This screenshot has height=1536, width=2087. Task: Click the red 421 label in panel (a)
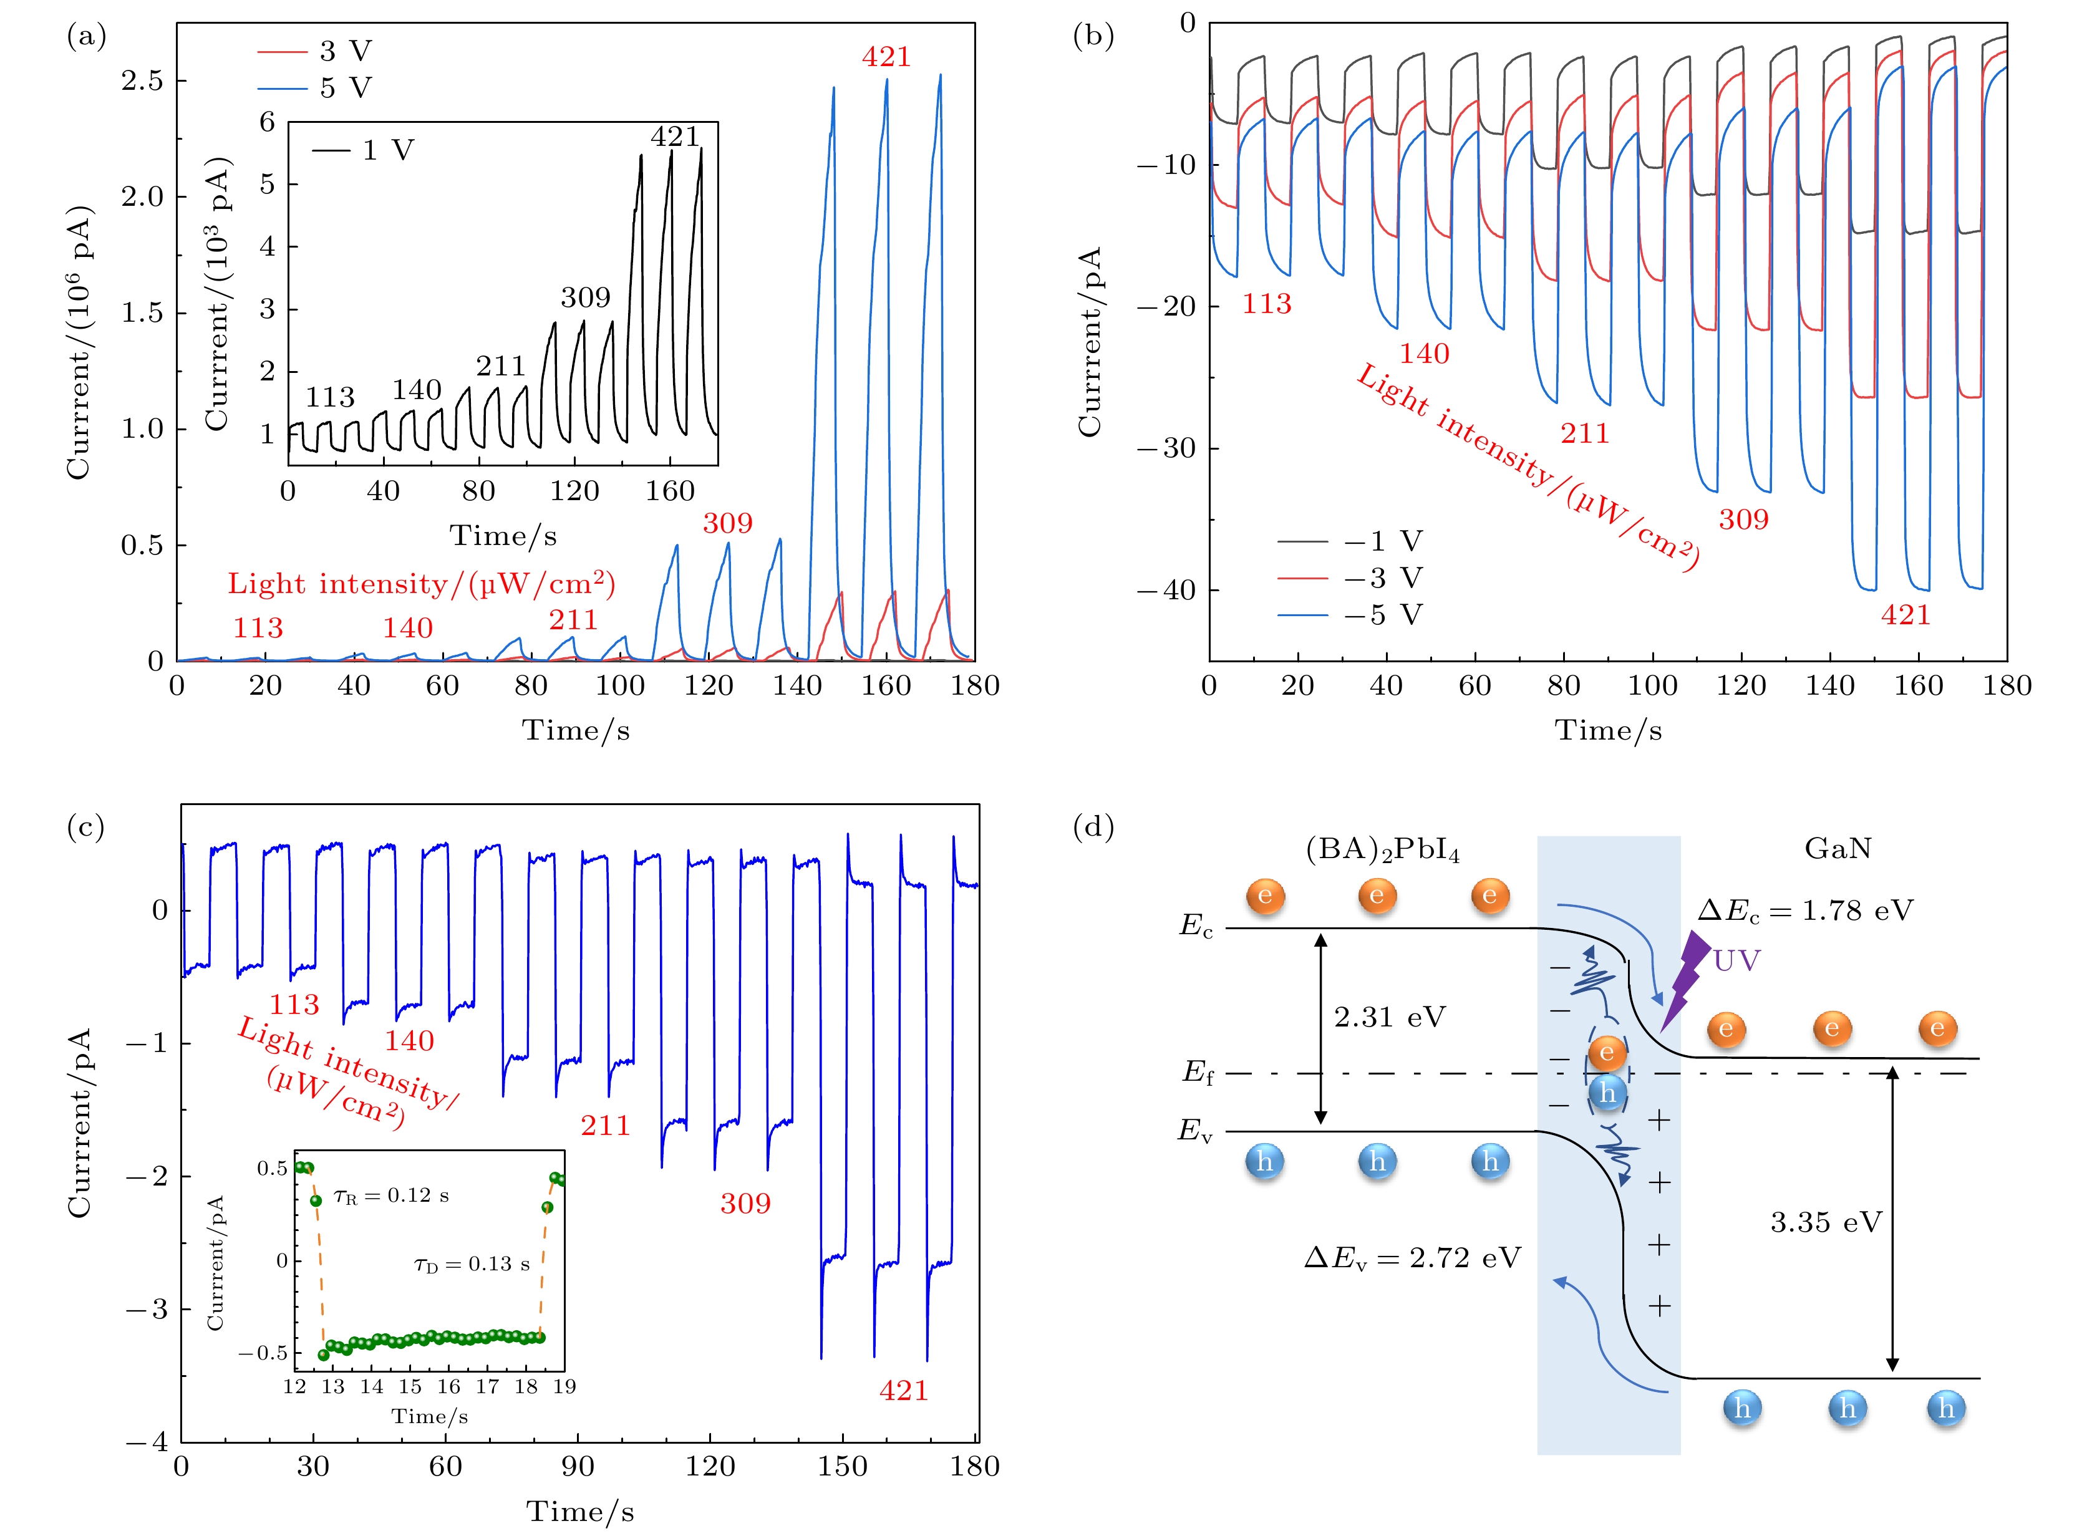[886, 57]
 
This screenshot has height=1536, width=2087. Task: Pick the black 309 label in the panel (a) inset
[585, 297]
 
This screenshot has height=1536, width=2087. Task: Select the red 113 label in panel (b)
[1267, 304]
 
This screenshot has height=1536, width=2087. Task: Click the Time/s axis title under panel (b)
[1608, 731]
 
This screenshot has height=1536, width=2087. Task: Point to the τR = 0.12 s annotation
[392, 1195]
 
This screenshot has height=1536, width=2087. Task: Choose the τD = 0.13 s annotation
[472, 1265]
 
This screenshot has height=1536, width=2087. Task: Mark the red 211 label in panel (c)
[606, 1126]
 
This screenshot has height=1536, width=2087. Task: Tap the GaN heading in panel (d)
[1837, 848]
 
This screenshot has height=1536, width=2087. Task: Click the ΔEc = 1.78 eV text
[1805, 910]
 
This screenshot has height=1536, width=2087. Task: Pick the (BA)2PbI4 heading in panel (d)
[1382, 850]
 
